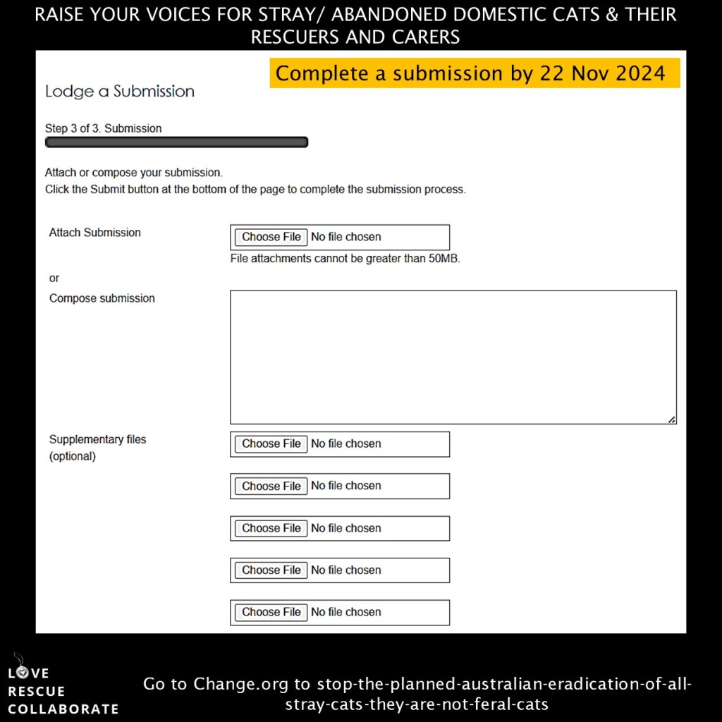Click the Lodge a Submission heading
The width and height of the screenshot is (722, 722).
point(119,92)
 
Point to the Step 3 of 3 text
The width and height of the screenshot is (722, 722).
point(103,128)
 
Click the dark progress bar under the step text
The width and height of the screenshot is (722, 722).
point(176,142)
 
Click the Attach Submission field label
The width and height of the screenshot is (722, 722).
point(94,233)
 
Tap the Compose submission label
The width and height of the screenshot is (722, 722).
point(102,298)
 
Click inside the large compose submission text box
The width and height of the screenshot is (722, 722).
point(453,357)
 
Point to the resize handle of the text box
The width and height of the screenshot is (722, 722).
point(671,420)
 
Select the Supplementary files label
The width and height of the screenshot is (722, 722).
point(97,439)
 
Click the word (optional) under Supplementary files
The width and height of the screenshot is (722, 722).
point(72,456)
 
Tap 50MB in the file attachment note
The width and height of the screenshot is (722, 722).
point(443,259)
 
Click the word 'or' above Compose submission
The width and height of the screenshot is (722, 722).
point(54,279)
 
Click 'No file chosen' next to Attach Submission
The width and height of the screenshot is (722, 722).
point(345,237)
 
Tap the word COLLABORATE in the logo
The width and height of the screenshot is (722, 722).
point(63,709)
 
